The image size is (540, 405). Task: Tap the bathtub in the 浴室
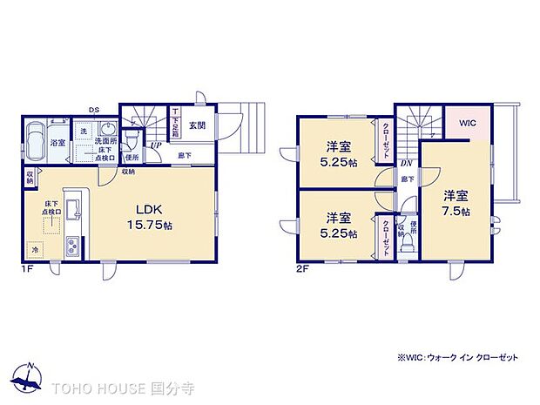pos(37,142)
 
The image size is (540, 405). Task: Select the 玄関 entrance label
pos(197,126)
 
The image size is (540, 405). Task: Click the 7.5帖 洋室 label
pos(456,203)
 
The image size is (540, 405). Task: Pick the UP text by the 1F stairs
pos(154,145)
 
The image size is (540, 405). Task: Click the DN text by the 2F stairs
pos(406,163)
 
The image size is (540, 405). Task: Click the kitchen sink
pos(73,210)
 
